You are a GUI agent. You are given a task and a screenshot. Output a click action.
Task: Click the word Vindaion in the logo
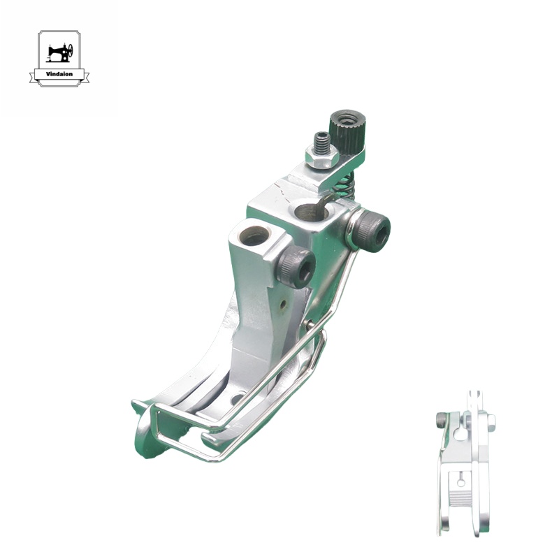59,74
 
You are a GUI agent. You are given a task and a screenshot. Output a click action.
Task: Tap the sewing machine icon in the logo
59,53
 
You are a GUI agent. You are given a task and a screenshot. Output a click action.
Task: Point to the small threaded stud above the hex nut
321,141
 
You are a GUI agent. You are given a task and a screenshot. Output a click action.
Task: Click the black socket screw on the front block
296,267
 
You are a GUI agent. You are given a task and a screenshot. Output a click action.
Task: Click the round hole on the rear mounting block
311,211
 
